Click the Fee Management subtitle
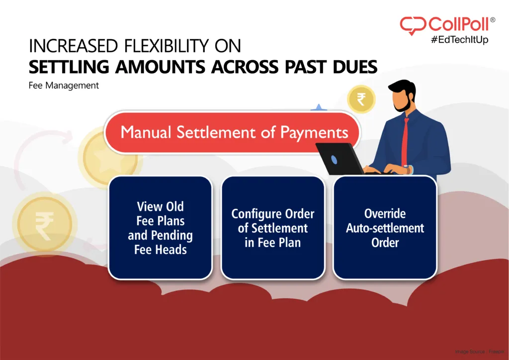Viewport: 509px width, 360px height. pos(64,86)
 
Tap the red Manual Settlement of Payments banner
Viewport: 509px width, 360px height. pos(234,132)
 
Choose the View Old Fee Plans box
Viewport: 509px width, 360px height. pos(160,227)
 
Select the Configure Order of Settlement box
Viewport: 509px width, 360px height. pos(272,228)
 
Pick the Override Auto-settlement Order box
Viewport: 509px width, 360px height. pos(385,228)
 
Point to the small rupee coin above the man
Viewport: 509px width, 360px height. pos(361,99)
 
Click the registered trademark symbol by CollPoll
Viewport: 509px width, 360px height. pos(493,20)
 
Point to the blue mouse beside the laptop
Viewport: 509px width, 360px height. pos(334,160)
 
